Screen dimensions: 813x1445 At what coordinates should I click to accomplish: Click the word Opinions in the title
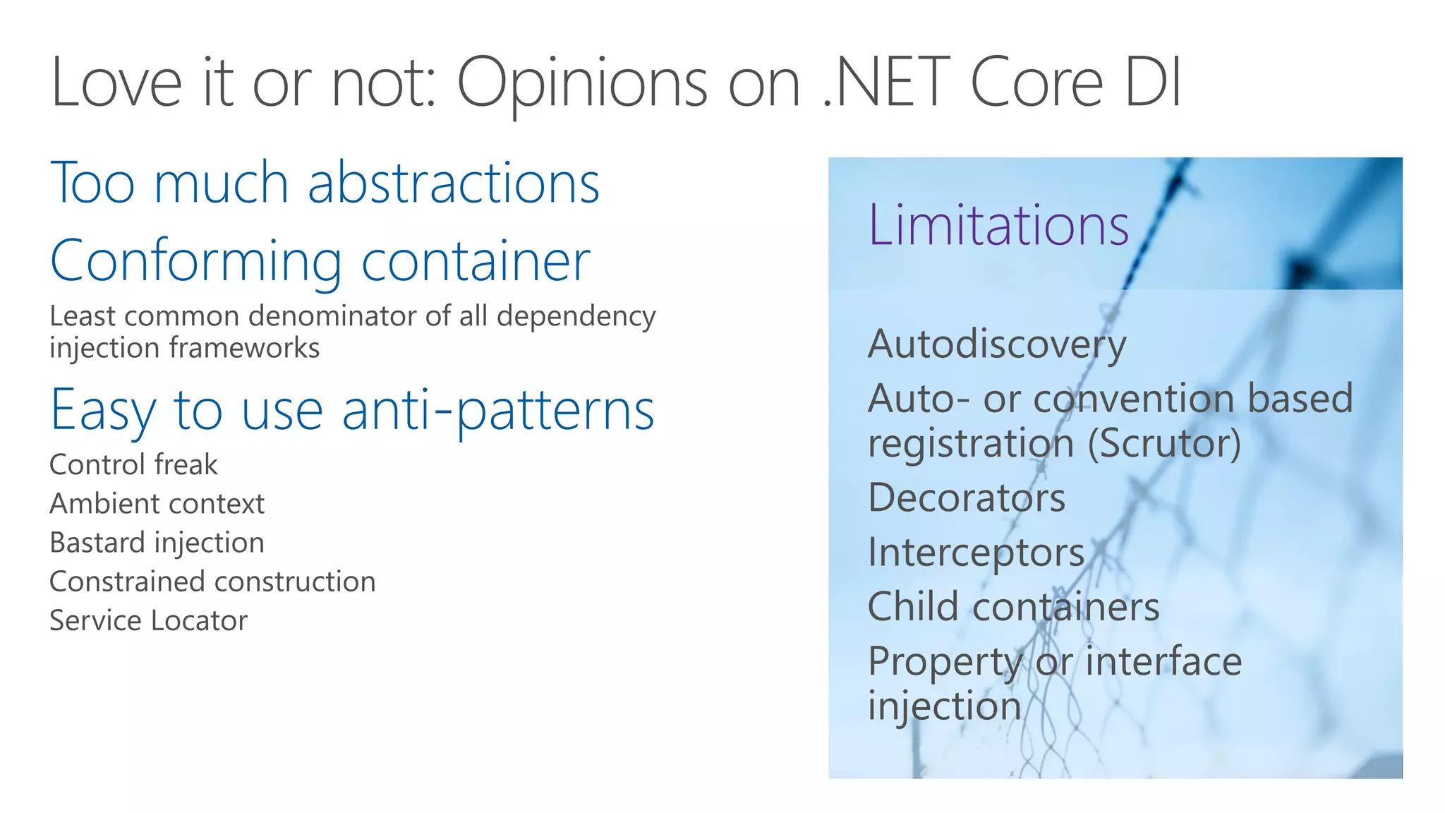coord(582,83)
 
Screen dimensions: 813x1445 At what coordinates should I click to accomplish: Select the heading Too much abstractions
coord(325,183)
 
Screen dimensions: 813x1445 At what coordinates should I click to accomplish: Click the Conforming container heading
coord(320,260)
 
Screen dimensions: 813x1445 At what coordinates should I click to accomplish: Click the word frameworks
coord(243,348)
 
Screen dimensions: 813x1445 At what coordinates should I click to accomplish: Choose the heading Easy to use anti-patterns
coord(352,411)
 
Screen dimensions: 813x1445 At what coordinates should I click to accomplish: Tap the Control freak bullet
coord(133,464)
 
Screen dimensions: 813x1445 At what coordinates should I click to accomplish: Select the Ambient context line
coord(157,504)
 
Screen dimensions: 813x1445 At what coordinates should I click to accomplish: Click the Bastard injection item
coord(157,543)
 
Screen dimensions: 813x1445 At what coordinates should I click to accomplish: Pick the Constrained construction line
coord(212,582)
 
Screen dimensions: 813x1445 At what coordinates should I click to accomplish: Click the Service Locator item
coord(148,620)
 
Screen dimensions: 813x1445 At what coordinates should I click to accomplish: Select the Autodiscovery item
coord(996,344)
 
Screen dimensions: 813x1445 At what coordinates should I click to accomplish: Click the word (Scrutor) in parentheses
coord(1163,443)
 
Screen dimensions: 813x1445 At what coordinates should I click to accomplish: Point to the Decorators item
coord(966,498)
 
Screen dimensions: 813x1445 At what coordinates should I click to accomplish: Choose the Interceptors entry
coord(976,552)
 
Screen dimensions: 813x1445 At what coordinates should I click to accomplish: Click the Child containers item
coord(1013,606)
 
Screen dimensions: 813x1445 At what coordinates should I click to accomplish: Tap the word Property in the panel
coord(945,662)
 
